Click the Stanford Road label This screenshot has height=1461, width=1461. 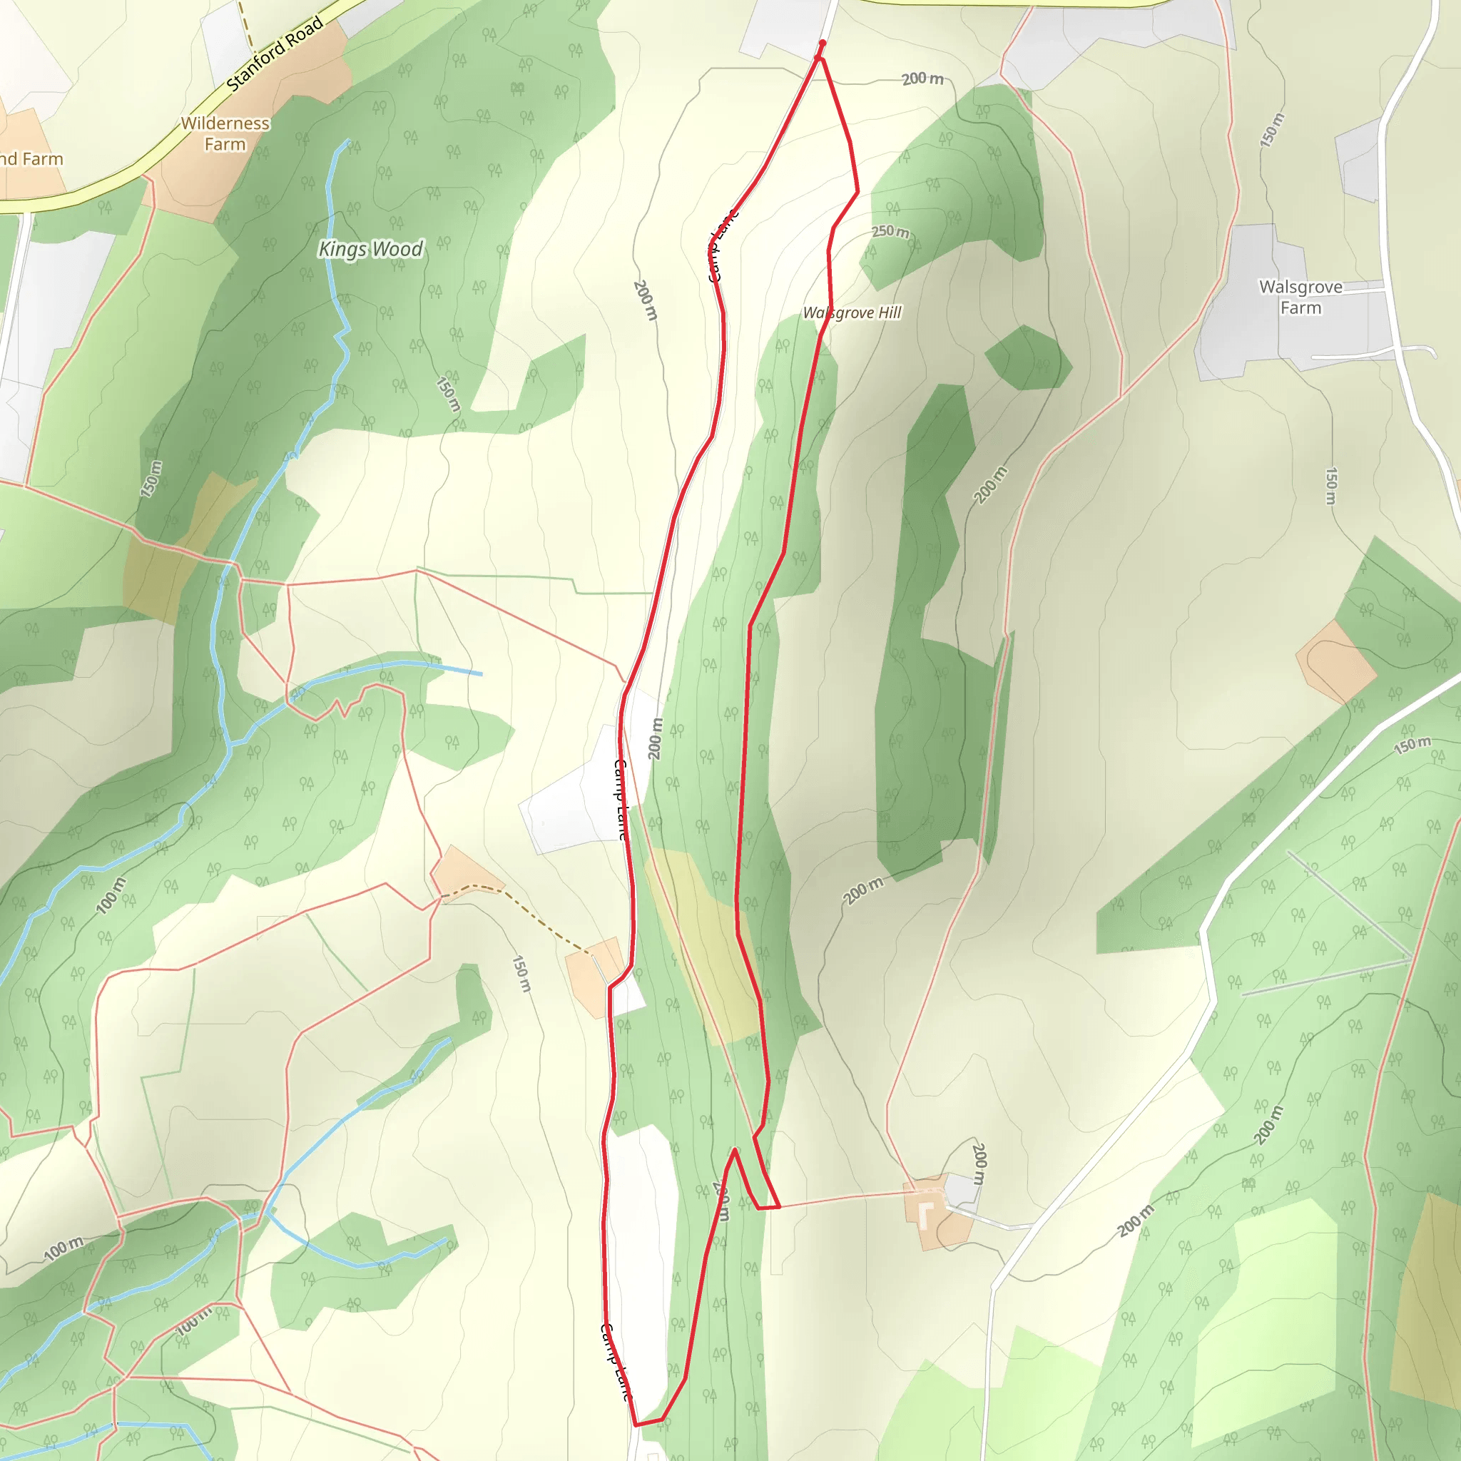click(x=275, y=54)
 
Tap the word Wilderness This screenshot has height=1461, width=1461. click(x=225, y=123)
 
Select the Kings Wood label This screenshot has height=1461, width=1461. click(x=370, y=249)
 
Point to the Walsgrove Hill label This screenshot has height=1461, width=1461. click(x=852, y=312)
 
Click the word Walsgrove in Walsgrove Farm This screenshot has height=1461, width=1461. click(x=1300, y=287)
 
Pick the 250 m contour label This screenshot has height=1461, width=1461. click(x=890, y=231)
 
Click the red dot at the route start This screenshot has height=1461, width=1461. click(x=822, y=44)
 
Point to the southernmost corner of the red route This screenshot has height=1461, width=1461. click(x=636, y=1425)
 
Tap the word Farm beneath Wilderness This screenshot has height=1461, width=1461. click(x=225, y=144)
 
